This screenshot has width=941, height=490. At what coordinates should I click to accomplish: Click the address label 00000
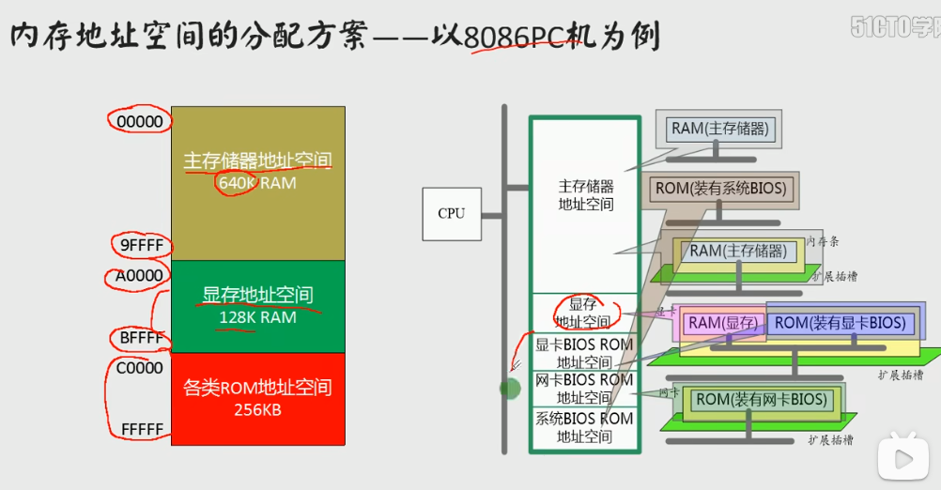[x=139, y=121]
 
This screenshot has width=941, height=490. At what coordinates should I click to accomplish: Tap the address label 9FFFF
[x=140, y=245]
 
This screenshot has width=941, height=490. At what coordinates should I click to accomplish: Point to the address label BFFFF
[x=140, y=337]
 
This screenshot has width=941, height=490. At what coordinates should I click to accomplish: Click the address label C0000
[x=139, y=368]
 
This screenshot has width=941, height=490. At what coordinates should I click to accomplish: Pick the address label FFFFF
[x=142, y=429]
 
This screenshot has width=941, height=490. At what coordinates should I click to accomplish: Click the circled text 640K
[x=237, y=183]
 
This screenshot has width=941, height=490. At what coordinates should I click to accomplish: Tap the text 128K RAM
[x=257, y=317]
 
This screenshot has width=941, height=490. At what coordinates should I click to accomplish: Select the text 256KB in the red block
[x=257, y=409]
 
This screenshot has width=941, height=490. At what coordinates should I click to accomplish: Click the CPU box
[x=451, y=213]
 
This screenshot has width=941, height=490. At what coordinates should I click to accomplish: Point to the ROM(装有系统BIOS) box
[x=720, y=189]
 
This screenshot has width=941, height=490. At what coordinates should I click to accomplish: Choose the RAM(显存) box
[x=721, y=324]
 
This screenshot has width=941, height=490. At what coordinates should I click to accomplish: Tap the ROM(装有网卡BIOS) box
[x=762, y=400]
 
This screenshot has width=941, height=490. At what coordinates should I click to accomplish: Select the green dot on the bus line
[x=510, y=388]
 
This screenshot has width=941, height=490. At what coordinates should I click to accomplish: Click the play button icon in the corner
[x=902, y=458]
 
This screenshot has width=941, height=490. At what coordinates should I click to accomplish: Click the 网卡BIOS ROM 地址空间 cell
[x=583, y=389]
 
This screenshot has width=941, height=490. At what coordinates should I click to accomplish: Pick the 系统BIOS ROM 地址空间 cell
[x=583, y=427]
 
